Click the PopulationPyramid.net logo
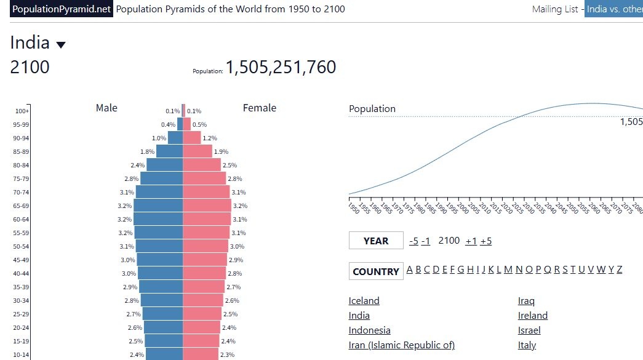[61, 9]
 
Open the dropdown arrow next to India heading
[61, 45]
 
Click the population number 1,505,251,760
[281, 67]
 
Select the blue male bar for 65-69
[158, 206]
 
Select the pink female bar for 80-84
[202, 165]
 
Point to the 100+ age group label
[22, 111]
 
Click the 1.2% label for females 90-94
[210, 138]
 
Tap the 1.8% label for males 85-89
[147, 152]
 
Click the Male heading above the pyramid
[106, 108]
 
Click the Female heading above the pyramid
[260, 108]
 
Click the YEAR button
[376, 241]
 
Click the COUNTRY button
[376, 271]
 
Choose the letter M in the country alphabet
[508, 270]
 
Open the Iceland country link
[364, 300]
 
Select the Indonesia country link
[369, 330]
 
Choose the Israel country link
[529, 330]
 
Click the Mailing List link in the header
[555, 9]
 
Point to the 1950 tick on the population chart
[349, 199]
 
